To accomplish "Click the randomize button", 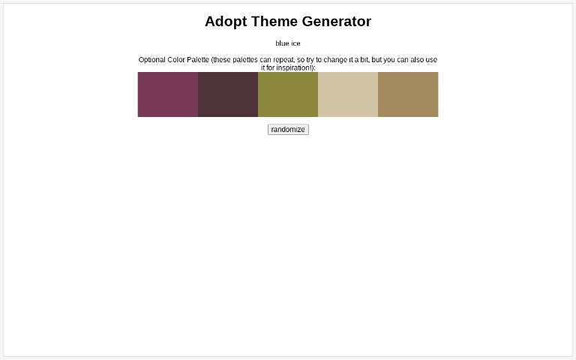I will [288, 130].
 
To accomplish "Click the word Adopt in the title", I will [225, 22].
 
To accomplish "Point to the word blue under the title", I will [282, 43].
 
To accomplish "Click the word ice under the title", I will [295, 43].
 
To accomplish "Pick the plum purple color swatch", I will [168, 94].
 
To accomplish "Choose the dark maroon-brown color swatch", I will [228, 94].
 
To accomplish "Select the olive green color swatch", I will [288, 94].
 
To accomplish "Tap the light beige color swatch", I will [348, 94].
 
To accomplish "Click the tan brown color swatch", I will [408, 94].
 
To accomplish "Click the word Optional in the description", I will [152, 60].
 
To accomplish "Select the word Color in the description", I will [175, 60].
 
